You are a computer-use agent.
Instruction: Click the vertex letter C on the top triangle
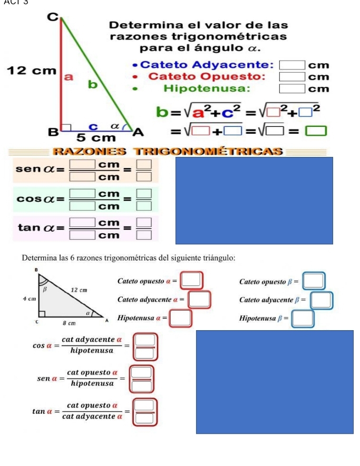click(52, 17)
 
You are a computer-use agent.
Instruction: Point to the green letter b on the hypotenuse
click(93, 83)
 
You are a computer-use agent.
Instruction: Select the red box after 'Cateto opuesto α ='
click(191, 280)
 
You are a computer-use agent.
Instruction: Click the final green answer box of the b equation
click(318, 130)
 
